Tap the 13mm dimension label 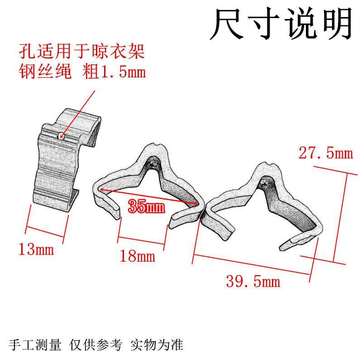pos(36,248)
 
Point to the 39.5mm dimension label pos(253,282)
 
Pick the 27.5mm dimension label pos(325,153)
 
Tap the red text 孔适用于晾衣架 pos(81,52)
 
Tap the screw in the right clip pos(266,184)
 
